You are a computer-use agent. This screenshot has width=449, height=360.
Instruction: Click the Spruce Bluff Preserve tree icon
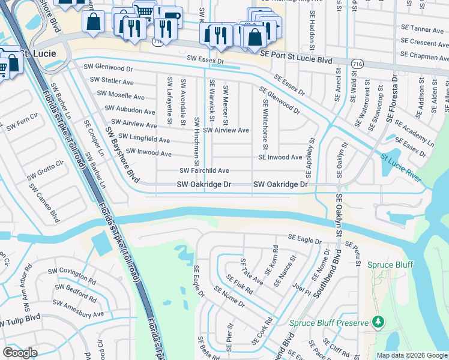tap(378, 323)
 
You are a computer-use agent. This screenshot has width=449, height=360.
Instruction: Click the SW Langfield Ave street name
tap(143, 139)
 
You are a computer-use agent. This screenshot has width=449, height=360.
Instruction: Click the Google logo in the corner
tap(20, 353)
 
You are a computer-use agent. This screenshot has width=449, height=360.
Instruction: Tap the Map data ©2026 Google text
tap(412, 355)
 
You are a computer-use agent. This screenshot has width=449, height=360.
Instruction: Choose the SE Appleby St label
tap(310, 157)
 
